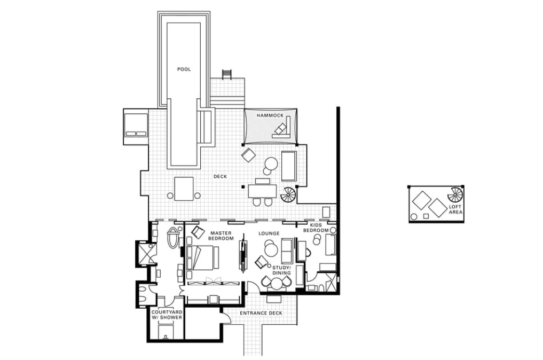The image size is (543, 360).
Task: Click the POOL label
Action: coord(184,69)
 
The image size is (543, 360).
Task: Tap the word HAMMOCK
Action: coord(270,115)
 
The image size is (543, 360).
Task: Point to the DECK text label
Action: coord(221,176)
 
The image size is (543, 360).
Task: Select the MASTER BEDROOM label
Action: coord(221,236)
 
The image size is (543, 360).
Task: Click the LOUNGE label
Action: coord(269,233)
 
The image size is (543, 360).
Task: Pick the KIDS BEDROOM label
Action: coord(316,228)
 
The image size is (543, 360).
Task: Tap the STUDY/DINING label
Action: coord(282,270)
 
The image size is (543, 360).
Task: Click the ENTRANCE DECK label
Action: coord(261,313)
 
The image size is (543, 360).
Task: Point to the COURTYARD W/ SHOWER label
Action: coord(167,315)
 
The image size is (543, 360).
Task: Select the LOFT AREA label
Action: coord(455,209)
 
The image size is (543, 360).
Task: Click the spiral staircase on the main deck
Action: coord(288,195)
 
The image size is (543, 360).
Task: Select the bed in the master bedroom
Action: coord(202,258)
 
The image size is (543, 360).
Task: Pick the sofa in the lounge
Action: coord(287,251)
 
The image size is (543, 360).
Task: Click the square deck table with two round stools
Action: coord(184,189)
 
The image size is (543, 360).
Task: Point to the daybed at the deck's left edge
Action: coord(136,127)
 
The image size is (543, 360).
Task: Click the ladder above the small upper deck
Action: coord(226,74)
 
